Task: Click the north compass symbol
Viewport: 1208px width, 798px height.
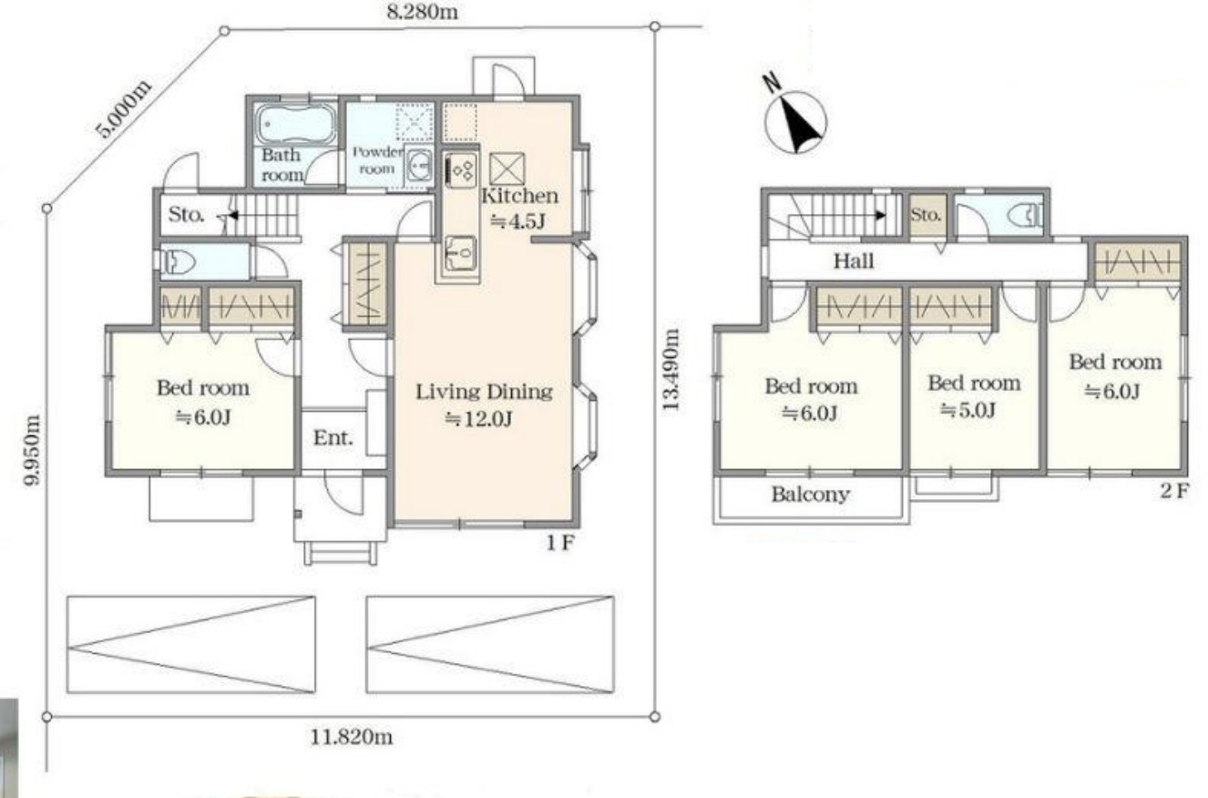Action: (x=795, y=121)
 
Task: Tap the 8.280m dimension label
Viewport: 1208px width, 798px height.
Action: (x=423, y=12)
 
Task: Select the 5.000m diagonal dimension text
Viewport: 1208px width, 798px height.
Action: (x=124, y=107)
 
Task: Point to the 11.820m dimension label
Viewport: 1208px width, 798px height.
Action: (x=352, y=737)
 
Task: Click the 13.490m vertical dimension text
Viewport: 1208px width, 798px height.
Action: (x=671, y=370)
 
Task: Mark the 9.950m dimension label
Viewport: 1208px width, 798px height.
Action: (x=33, y=450)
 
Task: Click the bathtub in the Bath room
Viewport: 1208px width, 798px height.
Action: (x=294, y=124)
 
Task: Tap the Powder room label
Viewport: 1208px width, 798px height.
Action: (x=377, y=160)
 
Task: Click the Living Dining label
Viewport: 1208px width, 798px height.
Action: (x=484, y=392)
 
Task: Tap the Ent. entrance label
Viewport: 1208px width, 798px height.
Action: (x=333, y=437)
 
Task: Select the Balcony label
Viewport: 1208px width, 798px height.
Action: (x=811, y=495)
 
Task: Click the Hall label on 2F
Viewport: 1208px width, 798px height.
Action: (x=854, y=261)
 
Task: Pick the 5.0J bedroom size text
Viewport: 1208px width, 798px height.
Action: (x=967, y=410)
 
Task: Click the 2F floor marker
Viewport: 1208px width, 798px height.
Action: (x=1174, y=491)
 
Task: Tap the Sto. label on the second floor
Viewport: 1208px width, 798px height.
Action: (x=926, y=215)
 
